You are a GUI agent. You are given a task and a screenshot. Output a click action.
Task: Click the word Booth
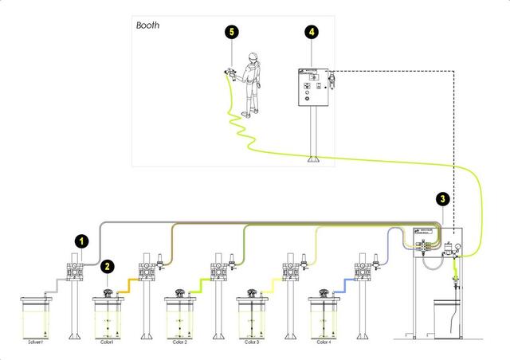coord(148,25)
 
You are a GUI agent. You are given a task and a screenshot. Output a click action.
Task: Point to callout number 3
coord(444,199)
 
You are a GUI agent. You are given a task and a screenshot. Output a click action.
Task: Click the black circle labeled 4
coord(312,32)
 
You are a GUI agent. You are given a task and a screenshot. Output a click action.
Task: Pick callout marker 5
coord(231,32)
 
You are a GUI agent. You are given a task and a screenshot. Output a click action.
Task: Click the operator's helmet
coord(253,57)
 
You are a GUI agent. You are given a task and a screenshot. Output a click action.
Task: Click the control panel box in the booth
coord(310,88)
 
